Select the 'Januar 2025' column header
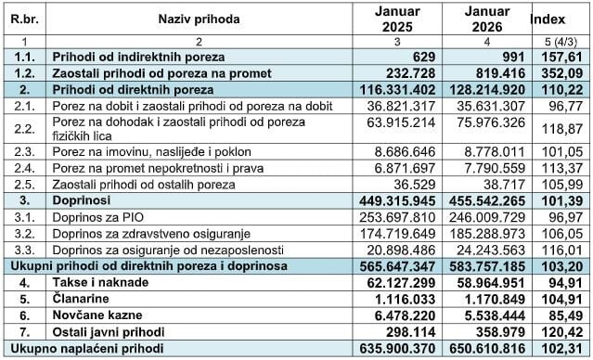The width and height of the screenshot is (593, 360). coord(397,19)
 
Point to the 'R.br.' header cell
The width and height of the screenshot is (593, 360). coord(21,19)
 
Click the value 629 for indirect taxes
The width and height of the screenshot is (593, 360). coord(422,57)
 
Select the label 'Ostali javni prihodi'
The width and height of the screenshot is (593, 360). coord(110,332)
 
